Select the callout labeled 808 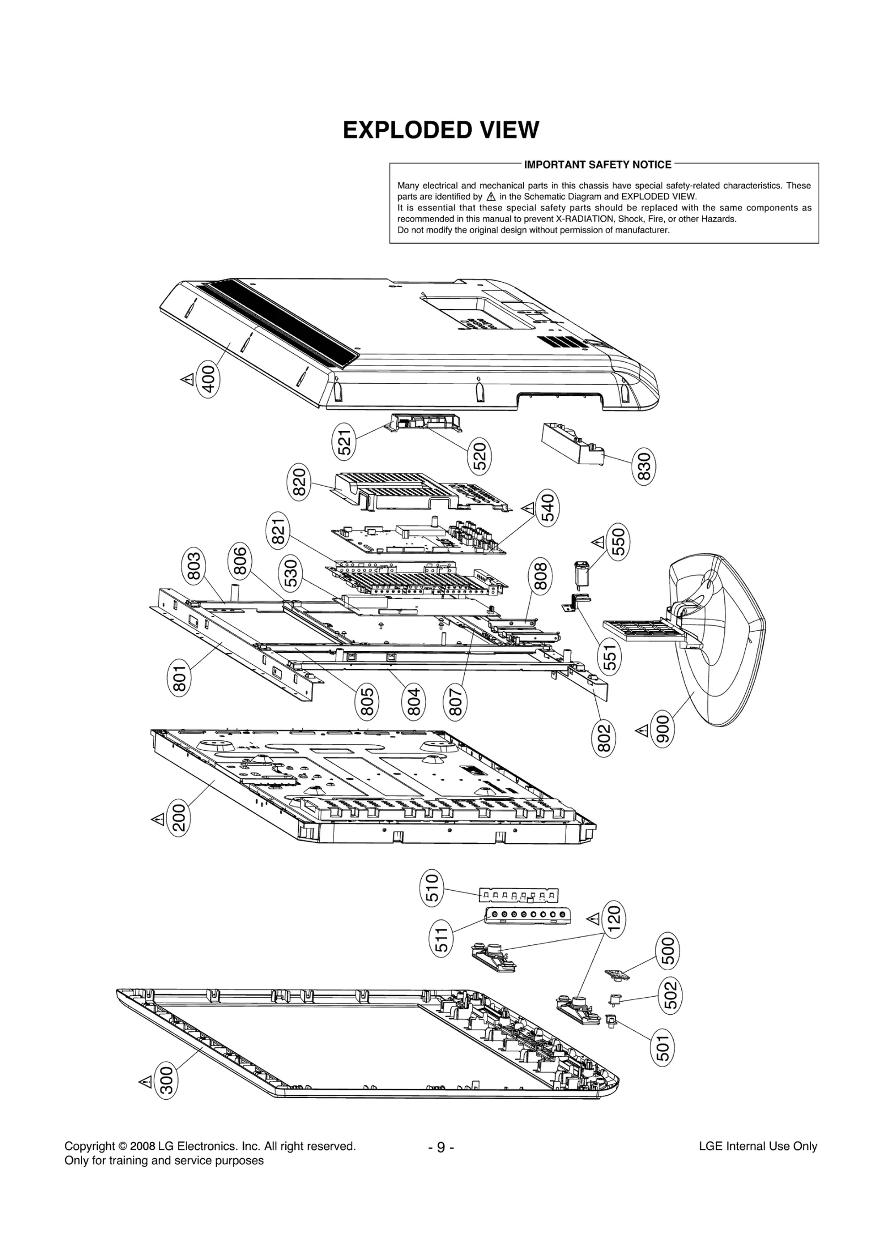coord(541,575)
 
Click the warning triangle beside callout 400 coord(187,379)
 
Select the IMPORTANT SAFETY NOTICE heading coord(597,164)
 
